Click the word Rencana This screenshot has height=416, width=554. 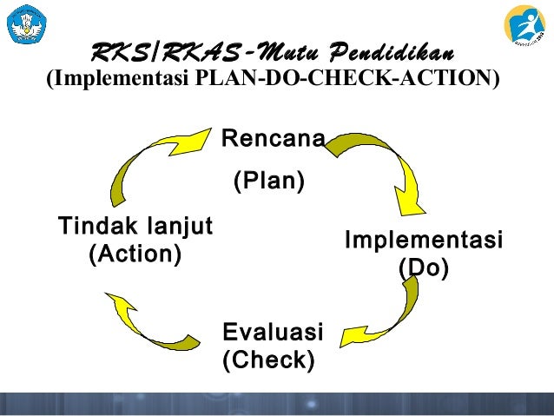click(x=274, y=139)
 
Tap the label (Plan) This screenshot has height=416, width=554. click(x=268, y=182)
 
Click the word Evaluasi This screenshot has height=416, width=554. click(x=273, y=332)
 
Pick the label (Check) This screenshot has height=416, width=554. click(x=268, y=359)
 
